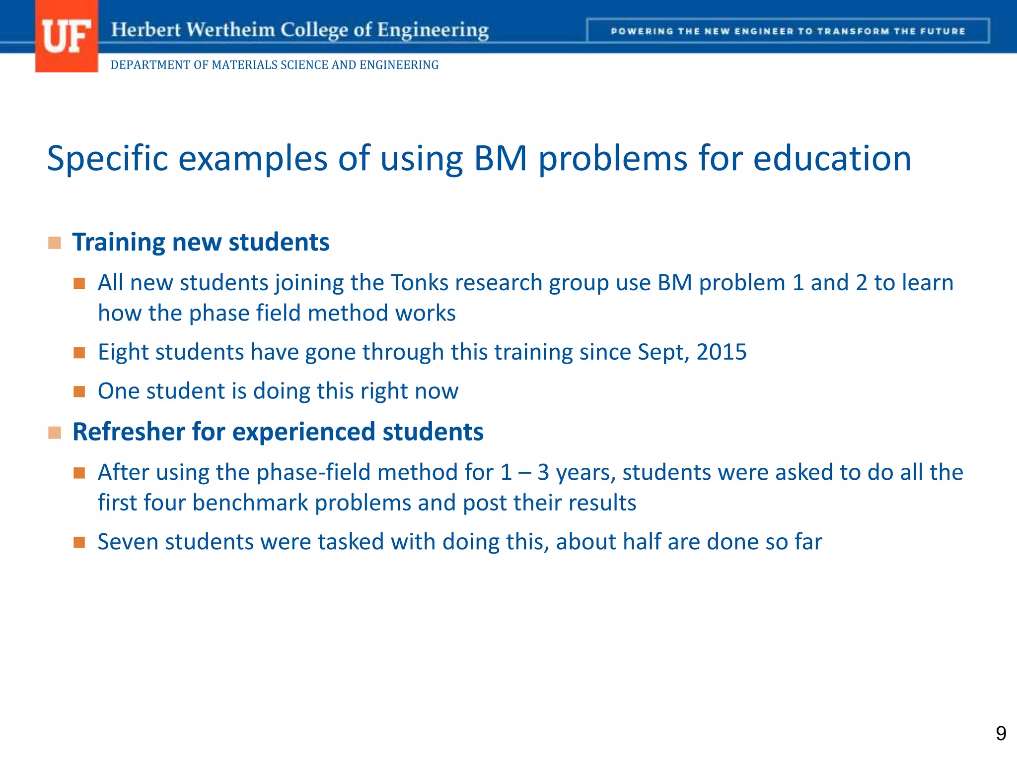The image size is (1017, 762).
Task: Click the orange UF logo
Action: tap(67, 37)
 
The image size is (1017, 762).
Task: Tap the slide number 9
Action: tap(1001, 733)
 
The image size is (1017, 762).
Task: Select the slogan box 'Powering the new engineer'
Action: tap(788, 31)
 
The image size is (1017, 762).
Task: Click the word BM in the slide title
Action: tap(500, 159)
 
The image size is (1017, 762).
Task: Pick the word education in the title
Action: tap(832, 159)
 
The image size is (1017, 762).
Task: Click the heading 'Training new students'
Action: tap(201, 242)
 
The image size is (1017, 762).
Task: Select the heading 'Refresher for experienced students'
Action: tap(278, 432)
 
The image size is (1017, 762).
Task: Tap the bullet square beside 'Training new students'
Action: tap(55, 243)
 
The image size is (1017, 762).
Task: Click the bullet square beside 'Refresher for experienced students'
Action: tap(55, 433)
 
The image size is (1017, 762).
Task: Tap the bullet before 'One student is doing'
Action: tap(79, 392)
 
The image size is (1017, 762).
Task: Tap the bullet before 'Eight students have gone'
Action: tap(79, 353)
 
